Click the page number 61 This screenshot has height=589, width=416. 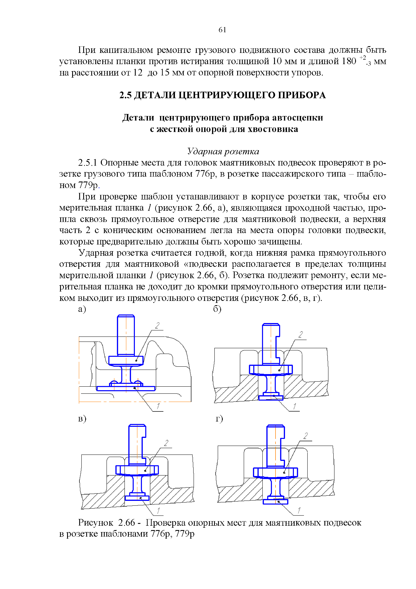tap(222, 30)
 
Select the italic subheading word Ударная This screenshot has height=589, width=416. tap(204, 151)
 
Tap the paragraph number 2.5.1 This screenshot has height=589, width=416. tap(88, 163)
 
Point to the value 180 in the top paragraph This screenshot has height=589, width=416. tap(349, 61)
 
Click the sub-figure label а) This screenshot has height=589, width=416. tap(82, 309)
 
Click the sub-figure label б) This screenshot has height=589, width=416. tap(217, 309)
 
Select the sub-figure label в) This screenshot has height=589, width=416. tap(82, 419)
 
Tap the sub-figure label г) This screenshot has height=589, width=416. tap(219, 419)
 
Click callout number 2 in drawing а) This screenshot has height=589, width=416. tap(157, 326)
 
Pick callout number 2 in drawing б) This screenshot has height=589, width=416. tap(301, 334)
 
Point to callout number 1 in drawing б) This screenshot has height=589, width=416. tap(295, 406)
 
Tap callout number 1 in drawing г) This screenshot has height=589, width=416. tap(299, 510)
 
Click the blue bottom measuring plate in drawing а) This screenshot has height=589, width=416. tap(126, 388)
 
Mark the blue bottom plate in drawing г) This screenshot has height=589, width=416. tap(276, 502)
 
